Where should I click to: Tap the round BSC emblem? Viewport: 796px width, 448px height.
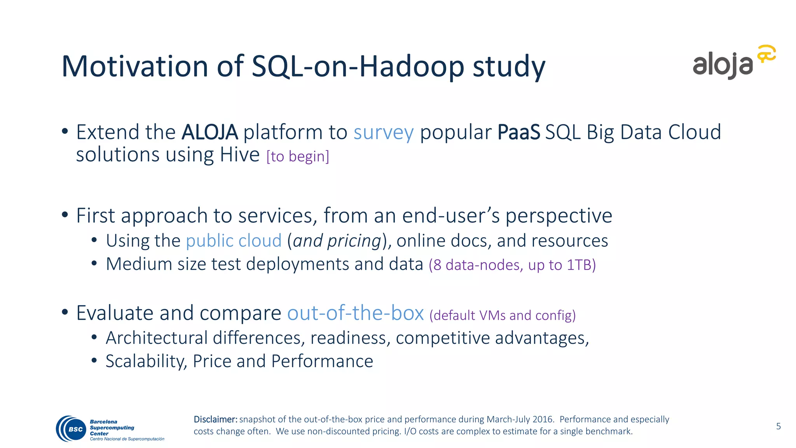71,429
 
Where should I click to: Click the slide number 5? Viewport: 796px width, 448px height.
778,426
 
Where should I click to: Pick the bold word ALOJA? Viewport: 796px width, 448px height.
209,132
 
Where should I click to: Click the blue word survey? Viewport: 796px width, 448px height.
383,132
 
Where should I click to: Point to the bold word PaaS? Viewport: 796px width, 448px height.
518,132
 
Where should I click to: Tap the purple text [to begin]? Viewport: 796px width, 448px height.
298,156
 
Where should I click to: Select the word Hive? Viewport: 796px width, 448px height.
239,155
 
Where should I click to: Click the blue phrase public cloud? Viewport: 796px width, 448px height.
234,241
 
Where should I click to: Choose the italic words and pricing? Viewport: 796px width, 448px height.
337,241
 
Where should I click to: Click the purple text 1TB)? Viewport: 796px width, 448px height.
581,265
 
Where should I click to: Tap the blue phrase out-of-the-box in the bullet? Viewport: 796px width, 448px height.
355,313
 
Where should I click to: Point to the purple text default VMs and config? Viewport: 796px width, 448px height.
503,315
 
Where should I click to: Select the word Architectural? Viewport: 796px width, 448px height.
157,338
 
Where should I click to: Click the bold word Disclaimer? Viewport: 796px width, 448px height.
215,419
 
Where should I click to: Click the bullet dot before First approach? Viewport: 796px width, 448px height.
65,215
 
